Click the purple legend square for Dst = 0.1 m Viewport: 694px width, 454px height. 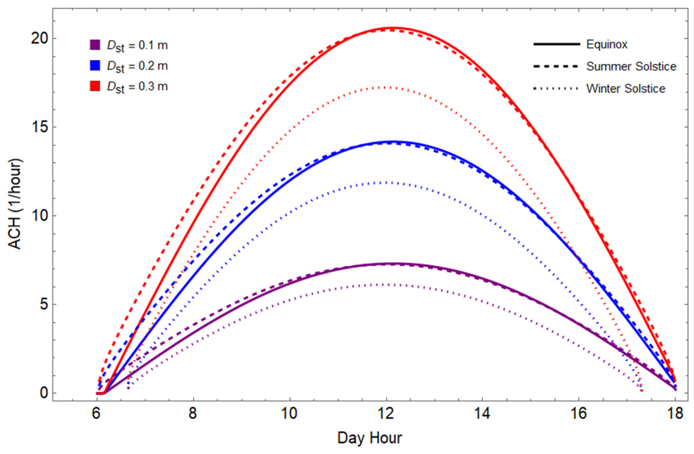[95, 45]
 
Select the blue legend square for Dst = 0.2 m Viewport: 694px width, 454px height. [95, 65]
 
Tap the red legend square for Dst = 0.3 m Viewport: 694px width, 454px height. [95, 86]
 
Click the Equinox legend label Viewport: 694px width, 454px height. [607, 44]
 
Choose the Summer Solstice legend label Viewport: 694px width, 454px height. [631, 66]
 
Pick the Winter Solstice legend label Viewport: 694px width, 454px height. [626, 88]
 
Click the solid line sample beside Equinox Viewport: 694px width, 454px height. [556, 44]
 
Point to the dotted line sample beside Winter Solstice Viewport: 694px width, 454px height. [556, 88]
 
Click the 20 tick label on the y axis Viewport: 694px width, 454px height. [39, 38]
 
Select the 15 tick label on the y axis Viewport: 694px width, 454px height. [39, 127]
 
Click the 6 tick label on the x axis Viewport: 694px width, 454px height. [96, 413]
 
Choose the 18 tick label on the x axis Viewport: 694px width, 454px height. [675, 413]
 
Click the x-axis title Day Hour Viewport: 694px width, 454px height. [370, 438]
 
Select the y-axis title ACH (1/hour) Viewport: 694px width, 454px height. [15, 204]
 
